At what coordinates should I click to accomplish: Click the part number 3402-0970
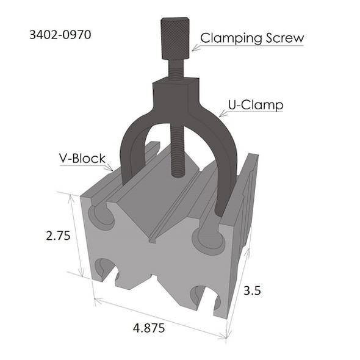point(60,35)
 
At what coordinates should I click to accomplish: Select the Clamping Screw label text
point(252,38)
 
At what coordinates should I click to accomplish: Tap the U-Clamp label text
point(256,105)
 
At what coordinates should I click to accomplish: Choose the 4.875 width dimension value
point(149,328)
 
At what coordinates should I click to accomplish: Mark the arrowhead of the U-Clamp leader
point(218,117)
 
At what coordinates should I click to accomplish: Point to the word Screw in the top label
point(284,38)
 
